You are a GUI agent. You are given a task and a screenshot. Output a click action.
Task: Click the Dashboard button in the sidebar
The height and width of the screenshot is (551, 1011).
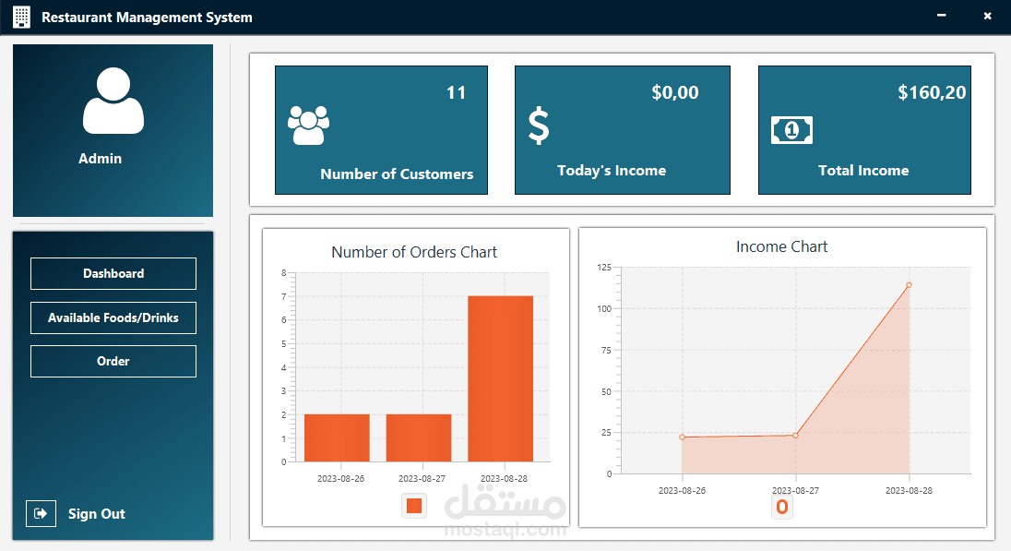tap(113, 274)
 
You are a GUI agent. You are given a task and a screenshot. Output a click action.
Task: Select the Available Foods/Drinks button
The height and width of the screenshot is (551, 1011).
tap(113, 317)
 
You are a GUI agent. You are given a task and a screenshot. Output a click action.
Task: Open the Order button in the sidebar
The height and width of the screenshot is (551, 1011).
tap(113, 361)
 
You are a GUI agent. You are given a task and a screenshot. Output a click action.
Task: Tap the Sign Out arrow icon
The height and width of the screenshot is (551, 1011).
tap(41, 513)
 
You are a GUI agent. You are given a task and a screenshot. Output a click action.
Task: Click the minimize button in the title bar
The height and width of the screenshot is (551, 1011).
tap(942, 16)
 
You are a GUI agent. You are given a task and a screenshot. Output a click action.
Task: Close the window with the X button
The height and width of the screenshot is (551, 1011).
tap(987, 16)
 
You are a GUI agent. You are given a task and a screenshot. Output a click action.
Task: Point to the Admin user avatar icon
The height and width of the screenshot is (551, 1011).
tap(113, 101)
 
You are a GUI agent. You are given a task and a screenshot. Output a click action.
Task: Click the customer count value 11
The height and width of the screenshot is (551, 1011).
tap(456, 92)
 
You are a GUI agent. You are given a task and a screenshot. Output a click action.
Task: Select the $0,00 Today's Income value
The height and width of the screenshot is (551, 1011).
tap(674, 92)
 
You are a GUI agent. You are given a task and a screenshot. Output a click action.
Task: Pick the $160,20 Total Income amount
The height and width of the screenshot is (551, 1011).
tap(932, 92)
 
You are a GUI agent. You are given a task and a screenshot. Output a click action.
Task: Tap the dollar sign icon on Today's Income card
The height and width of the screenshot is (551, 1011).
tap(539, 126)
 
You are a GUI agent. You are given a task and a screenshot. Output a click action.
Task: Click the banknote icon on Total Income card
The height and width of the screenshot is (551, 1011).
tap(791, 130)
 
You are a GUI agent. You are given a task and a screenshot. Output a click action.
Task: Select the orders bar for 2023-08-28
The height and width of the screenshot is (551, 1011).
tap(500, 378)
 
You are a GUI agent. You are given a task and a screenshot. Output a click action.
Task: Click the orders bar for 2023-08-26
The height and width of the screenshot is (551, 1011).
tap(337, 437)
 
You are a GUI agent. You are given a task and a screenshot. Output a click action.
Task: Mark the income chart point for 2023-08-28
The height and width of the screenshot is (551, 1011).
tap(909, 285)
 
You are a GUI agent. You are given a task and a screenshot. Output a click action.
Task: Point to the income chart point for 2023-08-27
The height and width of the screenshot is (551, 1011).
tap(795, 436)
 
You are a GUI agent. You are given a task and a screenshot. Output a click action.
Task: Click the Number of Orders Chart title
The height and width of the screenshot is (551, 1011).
tap(414, 252)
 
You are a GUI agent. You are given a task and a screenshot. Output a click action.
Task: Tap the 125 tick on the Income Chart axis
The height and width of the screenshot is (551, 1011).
tap(603, 267)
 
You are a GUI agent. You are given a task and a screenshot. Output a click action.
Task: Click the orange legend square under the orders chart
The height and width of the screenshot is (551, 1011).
tap(414, 505)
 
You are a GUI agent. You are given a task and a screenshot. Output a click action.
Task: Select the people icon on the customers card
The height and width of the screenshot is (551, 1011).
tap(308, 126)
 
